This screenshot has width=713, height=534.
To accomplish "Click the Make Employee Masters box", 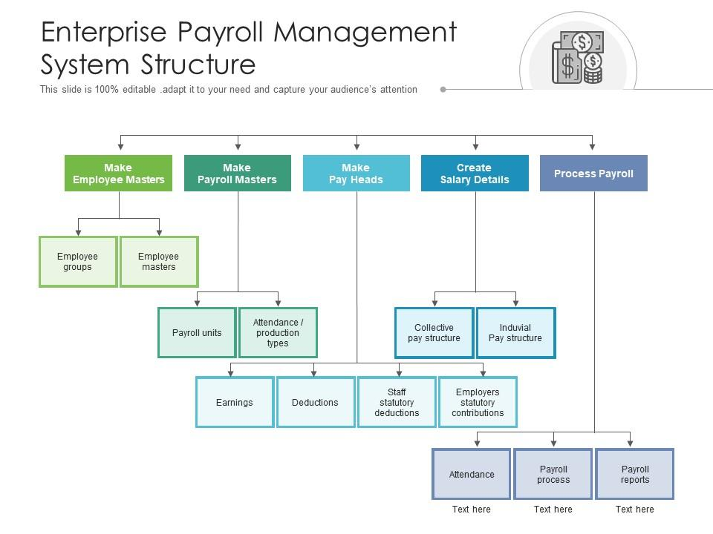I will coord(118,174).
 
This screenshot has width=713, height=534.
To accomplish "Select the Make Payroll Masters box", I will coord(237,174).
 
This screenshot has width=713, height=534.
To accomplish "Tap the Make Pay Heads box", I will coord(356,174).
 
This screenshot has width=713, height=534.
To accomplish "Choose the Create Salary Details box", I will coord(475,174).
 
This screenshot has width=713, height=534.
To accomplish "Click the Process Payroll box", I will coord(593,174).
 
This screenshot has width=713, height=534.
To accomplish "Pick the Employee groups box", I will coord(78,262).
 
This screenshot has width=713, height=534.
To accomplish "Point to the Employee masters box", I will coord(159,262).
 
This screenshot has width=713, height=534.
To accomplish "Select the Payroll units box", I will coord(197,333).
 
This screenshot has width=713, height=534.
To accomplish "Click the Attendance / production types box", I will coord(278,333).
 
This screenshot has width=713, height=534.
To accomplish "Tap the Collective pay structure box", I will coord(434,333).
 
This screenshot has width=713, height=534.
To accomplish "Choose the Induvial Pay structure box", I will coord(515,333).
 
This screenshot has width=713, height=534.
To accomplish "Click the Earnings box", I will coord(235,403).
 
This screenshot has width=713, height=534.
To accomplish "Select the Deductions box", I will coord(316,403).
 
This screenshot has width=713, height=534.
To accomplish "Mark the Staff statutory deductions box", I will coord(397,403).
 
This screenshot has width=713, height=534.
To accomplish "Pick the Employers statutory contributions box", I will coord(478,403).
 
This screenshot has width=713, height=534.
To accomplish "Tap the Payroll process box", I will coord(553,475).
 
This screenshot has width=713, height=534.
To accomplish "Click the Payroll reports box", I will coord(635,475).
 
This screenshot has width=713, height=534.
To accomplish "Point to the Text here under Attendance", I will coord(472,510).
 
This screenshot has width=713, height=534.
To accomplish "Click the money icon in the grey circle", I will coord(578,58).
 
